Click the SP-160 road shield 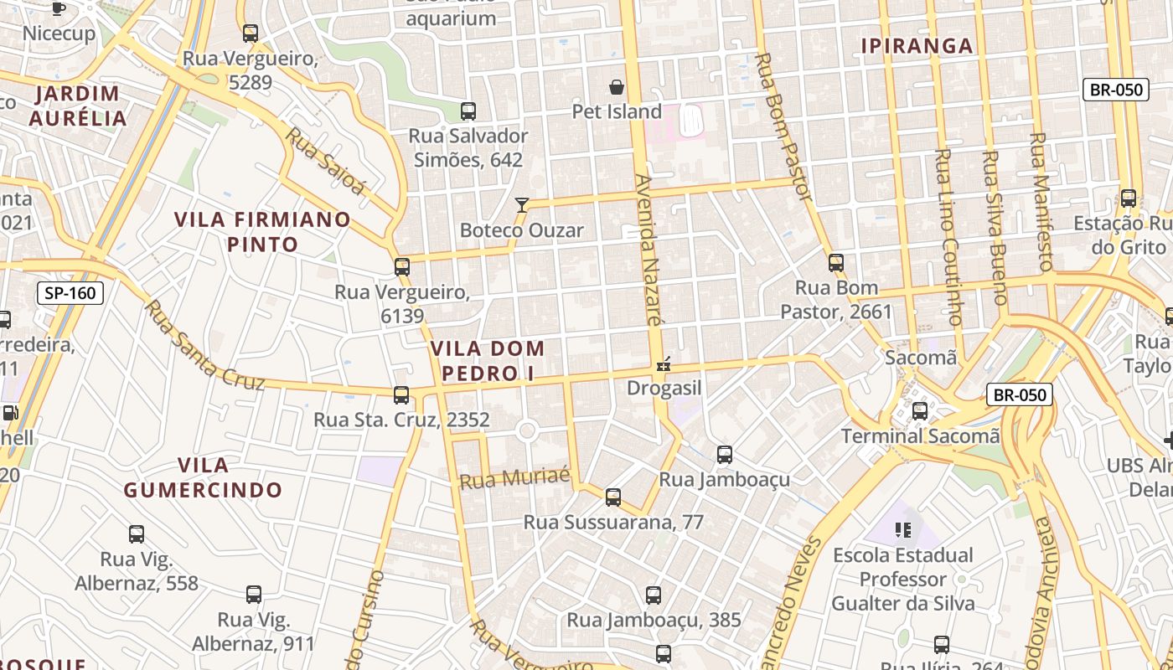(70, 293)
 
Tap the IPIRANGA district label (917, 46)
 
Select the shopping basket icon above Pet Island (617, 87)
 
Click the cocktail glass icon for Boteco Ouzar (522, 204)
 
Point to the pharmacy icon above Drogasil (664, 364)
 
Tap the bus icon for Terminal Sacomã (920, 411)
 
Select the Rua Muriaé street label (514, 478)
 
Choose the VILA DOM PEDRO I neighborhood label (488, 360)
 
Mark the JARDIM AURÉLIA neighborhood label (77, 106)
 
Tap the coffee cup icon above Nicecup (58, 9)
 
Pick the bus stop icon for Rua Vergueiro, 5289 (250, 33)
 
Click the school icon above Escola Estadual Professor (902, 529)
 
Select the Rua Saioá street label (326, 161)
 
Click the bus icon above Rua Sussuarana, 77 (613, 497)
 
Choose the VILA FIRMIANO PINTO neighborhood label (262, 232)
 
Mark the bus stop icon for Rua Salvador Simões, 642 (468, 111)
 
